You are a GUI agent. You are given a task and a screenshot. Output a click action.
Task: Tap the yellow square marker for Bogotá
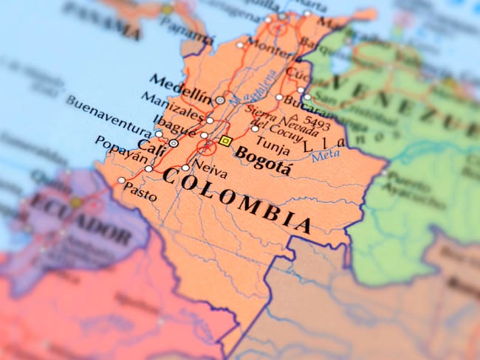226,141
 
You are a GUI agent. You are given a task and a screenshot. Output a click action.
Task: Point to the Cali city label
151,148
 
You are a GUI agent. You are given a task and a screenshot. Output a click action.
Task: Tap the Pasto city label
140,193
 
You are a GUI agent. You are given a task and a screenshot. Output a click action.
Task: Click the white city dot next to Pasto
122,180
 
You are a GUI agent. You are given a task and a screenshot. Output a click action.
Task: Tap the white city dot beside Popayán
148,169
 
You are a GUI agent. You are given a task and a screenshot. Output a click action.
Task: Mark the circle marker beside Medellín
220,100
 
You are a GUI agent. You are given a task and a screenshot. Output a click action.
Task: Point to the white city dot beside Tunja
255,128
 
